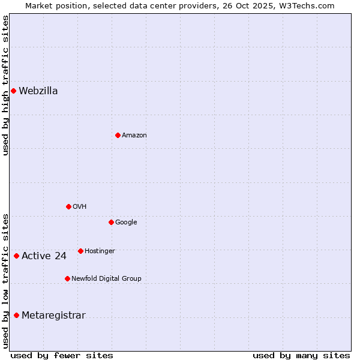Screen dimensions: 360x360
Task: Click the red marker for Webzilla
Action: (x=13, y=91)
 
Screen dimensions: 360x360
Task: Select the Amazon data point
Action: (x=118, y=135)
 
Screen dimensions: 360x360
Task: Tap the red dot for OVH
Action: (x=68, y=206)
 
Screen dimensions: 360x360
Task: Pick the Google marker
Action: (x=111, y=222)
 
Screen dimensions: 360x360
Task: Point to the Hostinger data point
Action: (x=80, y=251)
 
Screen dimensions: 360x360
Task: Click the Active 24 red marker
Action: (x=16, y=256)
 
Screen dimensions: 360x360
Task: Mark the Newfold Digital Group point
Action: (x=67, y=278)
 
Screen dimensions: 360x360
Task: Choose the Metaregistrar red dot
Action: (x=16, y=316)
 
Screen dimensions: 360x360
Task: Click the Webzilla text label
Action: (x=38, y=91)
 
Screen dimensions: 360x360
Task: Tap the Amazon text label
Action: (x=134, y=136)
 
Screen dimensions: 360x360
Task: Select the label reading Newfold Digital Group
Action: (x=106, y=278)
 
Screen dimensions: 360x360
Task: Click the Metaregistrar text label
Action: (x=53, y=316)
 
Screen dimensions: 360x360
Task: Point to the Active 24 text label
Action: (x=44, y=256)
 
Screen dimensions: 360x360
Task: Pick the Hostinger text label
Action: (x=100, y=251)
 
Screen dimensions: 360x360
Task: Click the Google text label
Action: (x=126, y=223)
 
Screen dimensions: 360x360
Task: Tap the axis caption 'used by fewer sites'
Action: (x=62, y=355)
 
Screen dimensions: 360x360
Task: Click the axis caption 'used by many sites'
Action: (x=301, y=355)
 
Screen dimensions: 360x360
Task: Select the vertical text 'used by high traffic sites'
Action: (x=5, y=86)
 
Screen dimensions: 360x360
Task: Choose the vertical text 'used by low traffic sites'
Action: (x=5, y=281)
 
